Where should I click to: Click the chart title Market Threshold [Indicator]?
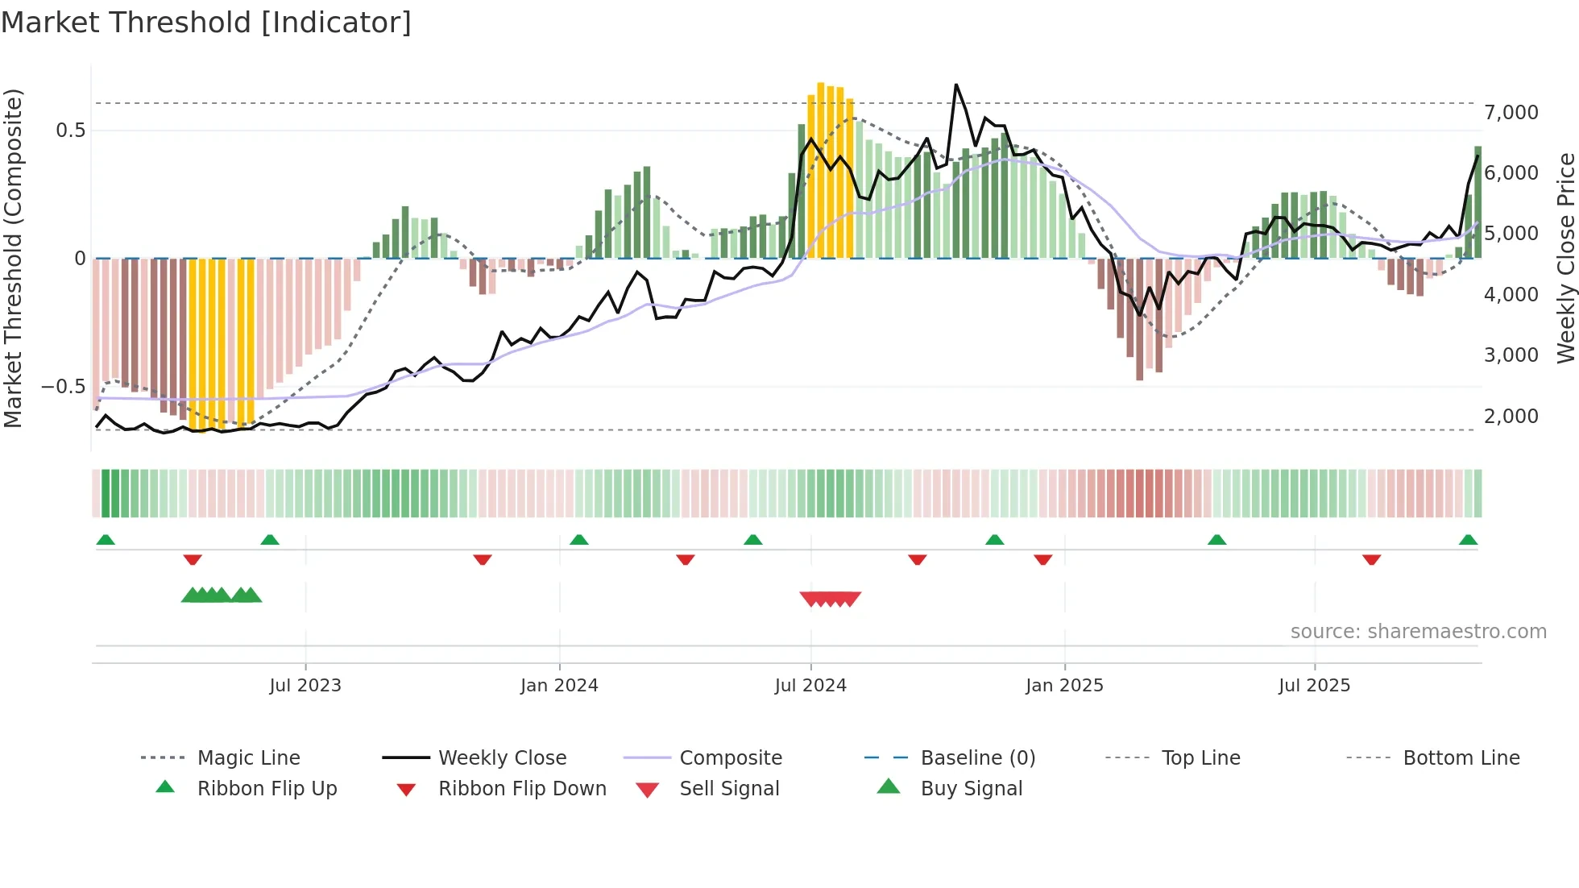(x=206, y=23)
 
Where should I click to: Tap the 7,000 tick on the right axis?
(x=1511, y=113)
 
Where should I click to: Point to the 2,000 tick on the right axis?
(x=1511, y=417)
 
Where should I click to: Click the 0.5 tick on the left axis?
(x=71, y=131)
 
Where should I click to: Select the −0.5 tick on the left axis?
(x=64, y=387)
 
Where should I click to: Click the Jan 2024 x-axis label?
(x=559, y=686)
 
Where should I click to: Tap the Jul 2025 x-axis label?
(x=1314, y=686)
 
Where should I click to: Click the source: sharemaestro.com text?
(x=1418, y=632)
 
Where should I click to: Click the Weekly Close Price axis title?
(x=1565, y=258)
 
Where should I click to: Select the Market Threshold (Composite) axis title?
(x=13, y=258)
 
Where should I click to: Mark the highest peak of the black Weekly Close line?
(x=956, y=85)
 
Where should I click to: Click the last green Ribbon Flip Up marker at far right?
(x=1468, y=540)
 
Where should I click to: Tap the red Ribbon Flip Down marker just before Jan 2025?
(x=1042, y=559)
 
